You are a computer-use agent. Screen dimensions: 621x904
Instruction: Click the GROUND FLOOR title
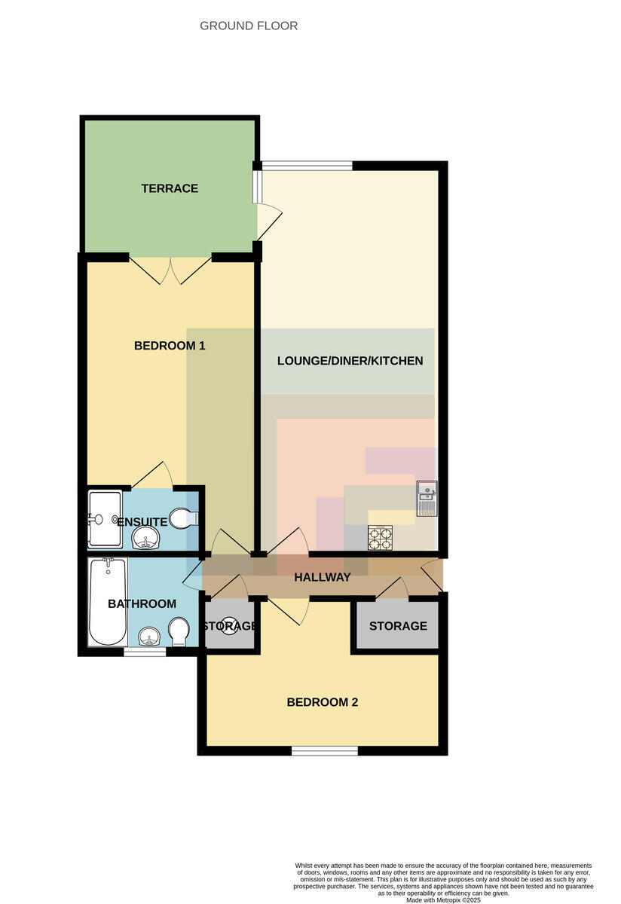pos(249,26)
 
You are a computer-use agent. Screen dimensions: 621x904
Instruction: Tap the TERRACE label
pos(170,188)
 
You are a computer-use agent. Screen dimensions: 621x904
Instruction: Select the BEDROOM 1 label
pos(170,346)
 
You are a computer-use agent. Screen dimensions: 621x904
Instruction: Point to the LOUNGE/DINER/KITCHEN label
pos(350,360)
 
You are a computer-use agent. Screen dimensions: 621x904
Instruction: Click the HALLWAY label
pos(323,577)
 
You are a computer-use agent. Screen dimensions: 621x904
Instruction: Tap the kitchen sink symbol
pos(427,499)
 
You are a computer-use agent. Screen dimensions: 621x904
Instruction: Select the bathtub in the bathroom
pos(108,602)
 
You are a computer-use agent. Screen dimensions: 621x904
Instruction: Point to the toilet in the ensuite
pos(184,518)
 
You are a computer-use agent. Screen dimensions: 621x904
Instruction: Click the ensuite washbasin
pos(146,538)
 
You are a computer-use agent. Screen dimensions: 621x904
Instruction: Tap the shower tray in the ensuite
pos(105,519)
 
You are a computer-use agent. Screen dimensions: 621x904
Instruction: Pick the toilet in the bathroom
pos(178,632)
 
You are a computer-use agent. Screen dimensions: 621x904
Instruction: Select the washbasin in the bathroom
pos(149,637)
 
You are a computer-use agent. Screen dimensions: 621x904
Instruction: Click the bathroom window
pos(145,652)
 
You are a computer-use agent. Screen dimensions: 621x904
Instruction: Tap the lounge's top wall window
pos(307,166)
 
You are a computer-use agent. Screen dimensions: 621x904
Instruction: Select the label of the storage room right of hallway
pos(398,626)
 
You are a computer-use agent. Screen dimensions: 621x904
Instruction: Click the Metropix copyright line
pos(443,900)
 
